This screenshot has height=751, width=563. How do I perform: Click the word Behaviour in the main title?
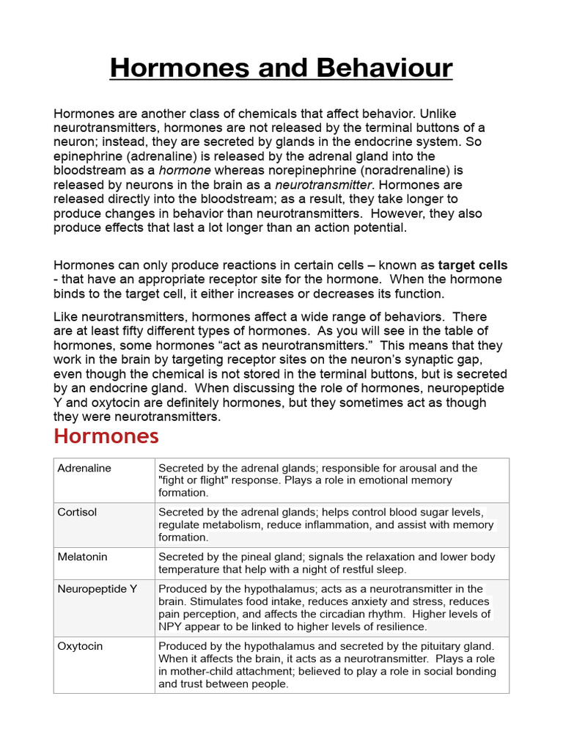pos(383,69)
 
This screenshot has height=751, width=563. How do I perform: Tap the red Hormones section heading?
pos(106,436)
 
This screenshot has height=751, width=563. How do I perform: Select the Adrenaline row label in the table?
pos(84,468)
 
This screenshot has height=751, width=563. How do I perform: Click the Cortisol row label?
pos(77,512)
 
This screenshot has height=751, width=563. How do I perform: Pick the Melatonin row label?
pos(82,557)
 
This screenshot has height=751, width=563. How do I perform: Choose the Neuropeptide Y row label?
pos(97,588)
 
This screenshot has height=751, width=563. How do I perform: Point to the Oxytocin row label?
pos(80,646)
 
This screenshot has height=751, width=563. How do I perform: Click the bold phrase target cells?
pos(473,265)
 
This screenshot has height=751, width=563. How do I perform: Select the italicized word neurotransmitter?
pos(323,185)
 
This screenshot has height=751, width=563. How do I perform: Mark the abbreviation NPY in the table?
pos(170,626)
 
